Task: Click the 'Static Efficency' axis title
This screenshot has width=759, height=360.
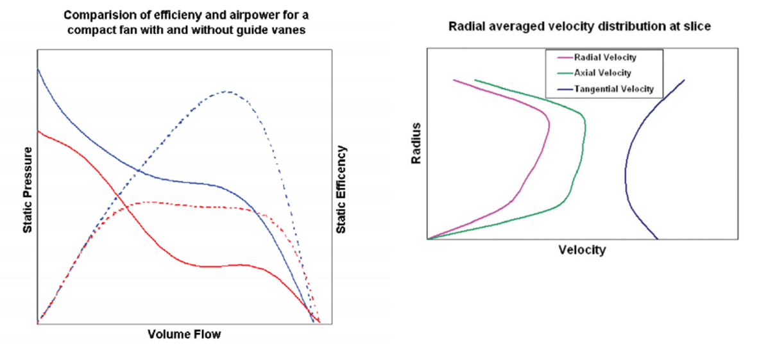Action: (x=342, y=189)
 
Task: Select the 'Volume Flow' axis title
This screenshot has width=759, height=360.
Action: (x=184, y=334)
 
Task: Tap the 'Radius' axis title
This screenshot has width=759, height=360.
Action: (x=416, y=142)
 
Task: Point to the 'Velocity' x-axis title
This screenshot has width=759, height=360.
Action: (x=582, y=250)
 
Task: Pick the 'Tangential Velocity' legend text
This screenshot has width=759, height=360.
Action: (x=614, y=89)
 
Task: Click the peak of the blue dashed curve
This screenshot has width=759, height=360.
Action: (x=226, y=91)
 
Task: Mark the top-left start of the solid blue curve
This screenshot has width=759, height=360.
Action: (x=38, y=69)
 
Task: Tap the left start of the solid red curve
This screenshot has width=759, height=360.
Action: (x=38, y=131)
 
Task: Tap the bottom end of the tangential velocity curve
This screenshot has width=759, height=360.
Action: (x=658, y=239)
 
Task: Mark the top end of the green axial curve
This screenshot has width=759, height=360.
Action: (x=475, y=80)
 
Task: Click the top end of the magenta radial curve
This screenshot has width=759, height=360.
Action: (x=454, y=80)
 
